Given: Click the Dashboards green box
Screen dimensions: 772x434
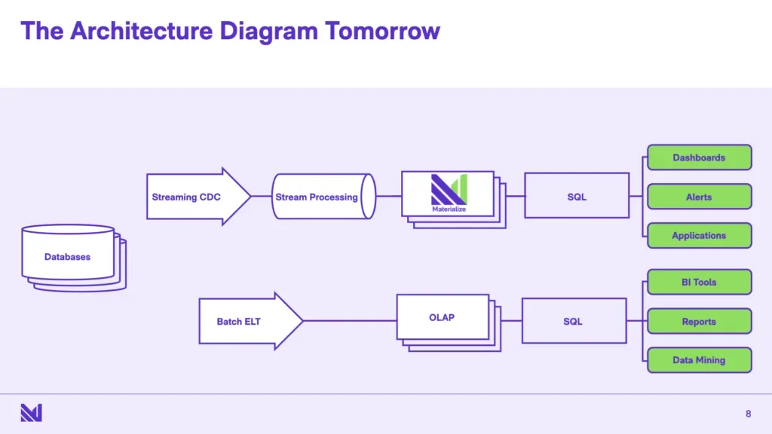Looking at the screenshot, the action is (699, 157).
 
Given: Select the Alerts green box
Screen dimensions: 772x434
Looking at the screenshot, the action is (699, 197).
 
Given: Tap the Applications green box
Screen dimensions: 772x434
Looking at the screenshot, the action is (699, 236).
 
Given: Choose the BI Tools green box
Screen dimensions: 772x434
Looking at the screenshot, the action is (699, 282).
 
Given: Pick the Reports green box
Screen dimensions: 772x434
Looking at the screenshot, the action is (699, 321).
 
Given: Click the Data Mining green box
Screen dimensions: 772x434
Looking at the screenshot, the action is (699, 360).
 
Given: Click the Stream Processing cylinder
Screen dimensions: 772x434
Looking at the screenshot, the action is (323, 197).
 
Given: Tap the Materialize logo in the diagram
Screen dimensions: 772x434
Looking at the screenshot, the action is (449, 193).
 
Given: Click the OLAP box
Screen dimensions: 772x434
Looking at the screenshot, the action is (443, 317).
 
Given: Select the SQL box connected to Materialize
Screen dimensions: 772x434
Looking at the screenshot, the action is (577, 195).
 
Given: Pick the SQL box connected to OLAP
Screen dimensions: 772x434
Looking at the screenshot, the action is (574, 321).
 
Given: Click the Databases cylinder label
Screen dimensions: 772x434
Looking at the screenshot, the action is (67, 257).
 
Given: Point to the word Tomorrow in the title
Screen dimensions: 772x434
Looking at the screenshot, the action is (382, 31).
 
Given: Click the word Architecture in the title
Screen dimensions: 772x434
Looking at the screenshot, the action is (142, 31).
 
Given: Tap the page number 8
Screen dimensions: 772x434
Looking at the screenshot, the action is (749, 414).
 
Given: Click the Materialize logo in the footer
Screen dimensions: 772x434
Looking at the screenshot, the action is (31, 413).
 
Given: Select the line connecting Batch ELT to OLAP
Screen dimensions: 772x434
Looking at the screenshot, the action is (350, 321).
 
